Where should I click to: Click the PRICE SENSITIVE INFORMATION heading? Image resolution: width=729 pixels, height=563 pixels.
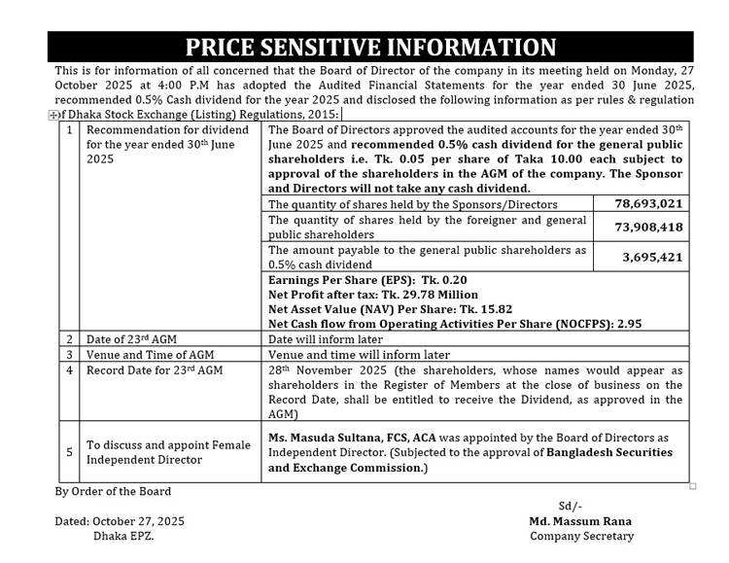coord(370,47)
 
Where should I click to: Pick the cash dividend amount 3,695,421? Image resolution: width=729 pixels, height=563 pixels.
coord(651,257)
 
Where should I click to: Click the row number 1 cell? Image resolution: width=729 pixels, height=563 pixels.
coord(68,129)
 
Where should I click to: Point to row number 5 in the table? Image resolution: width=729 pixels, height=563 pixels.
coord(68,451)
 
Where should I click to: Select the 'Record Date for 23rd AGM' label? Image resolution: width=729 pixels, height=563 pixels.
coord(155,370)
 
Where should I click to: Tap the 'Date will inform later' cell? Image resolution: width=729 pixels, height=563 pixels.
coord(325,339)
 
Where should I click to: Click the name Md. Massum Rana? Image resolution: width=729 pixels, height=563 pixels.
coord(580,521)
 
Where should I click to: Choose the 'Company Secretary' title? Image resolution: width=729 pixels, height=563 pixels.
coord(581,536)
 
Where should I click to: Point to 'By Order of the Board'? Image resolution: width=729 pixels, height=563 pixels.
coord(113,491)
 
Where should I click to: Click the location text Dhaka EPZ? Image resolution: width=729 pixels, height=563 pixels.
coord(123,536)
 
